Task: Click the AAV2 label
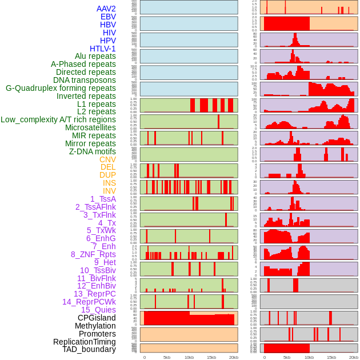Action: click(106, 9)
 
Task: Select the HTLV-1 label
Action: click(103, 49)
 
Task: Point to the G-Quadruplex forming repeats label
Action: click(61, 88)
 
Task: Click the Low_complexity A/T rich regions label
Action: click(58, 119)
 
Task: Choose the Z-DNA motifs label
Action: click(93, 151)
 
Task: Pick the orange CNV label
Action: click(107, 159)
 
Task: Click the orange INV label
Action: click(109, 191)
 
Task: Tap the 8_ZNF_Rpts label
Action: click(93, 254)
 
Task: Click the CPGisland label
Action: click(97, 318)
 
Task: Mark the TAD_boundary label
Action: click(89, 349)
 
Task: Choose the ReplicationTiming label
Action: click(85, 342)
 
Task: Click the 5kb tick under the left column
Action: click(167, 357)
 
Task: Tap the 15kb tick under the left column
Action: click(211, 357)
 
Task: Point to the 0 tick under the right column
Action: click(265, 357)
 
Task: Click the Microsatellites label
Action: click(90, 127)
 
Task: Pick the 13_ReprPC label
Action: click(94, 294)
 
